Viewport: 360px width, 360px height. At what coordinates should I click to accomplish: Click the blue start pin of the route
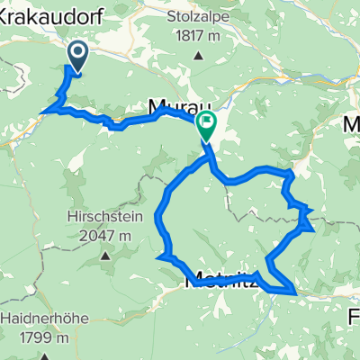pos(76,58)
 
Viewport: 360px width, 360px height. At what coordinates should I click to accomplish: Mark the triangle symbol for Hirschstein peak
pos(105,256)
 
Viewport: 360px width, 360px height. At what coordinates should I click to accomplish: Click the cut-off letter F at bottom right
pos(354,318)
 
